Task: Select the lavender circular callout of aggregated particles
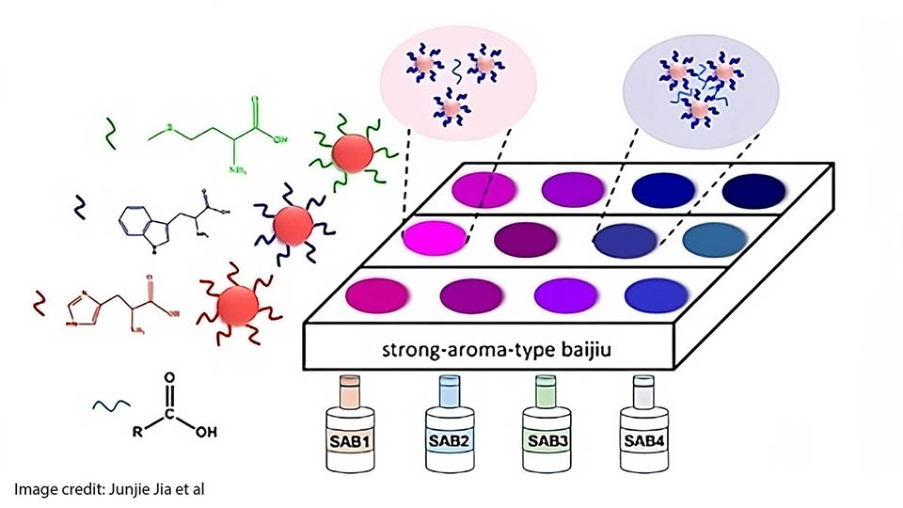[x=696, y=88]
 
